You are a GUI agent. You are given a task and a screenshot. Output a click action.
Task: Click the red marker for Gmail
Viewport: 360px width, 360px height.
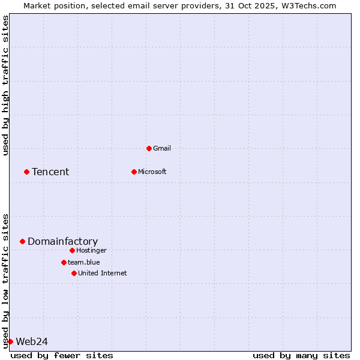(x=149, y=148)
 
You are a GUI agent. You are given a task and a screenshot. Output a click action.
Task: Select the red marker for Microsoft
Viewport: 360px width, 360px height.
(x=134, y=172)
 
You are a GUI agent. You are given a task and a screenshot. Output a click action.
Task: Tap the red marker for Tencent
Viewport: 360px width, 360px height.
(x=26, y=172)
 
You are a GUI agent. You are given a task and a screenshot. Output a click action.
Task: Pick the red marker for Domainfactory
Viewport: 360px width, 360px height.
(x=22, y=241)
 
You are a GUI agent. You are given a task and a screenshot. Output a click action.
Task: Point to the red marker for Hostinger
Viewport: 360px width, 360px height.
(x=72, y=250)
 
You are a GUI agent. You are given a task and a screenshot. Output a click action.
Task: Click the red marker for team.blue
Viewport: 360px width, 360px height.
(x=64, y=262)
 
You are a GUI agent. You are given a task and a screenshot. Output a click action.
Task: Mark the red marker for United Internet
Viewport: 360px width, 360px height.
(x=74, y=273)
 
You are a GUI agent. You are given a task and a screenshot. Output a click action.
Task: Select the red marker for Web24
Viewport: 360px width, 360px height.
(x=10, y=341)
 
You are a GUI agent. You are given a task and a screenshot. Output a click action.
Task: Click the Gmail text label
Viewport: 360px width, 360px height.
(x=162, y=148)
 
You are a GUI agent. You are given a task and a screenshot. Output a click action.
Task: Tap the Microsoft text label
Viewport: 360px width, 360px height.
(x=152, y=172)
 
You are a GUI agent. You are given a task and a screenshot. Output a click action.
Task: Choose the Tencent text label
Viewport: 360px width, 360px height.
(x=50, y=172)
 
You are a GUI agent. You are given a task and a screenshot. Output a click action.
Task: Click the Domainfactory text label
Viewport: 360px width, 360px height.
(x=62, y=241)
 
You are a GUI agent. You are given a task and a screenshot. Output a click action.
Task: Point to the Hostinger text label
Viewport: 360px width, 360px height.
(x=91, y=250)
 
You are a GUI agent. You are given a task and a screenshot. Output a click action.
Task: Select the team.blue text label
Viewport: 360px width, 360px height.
(x=84, y=262)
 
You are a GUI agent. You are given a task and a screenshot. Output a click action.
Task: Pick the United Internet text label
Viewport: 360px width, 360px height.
(x=103, y=273)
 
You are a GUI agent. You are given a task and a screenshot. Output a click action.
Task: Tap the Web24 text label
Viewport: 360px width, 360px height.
(x=32, y=341)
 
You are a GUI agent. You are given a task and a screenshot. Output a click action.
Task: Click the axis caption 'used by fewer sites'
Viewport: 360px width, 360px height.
(x=62, y=355)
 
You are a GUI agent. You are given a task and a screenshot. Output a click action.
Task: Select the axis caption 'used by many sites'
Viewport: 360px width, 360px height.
(x=301, y=355)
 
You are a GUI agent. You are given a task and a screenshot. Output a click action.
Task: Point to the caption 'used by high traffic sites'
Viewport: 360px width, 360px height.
(x=6, y=85)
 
